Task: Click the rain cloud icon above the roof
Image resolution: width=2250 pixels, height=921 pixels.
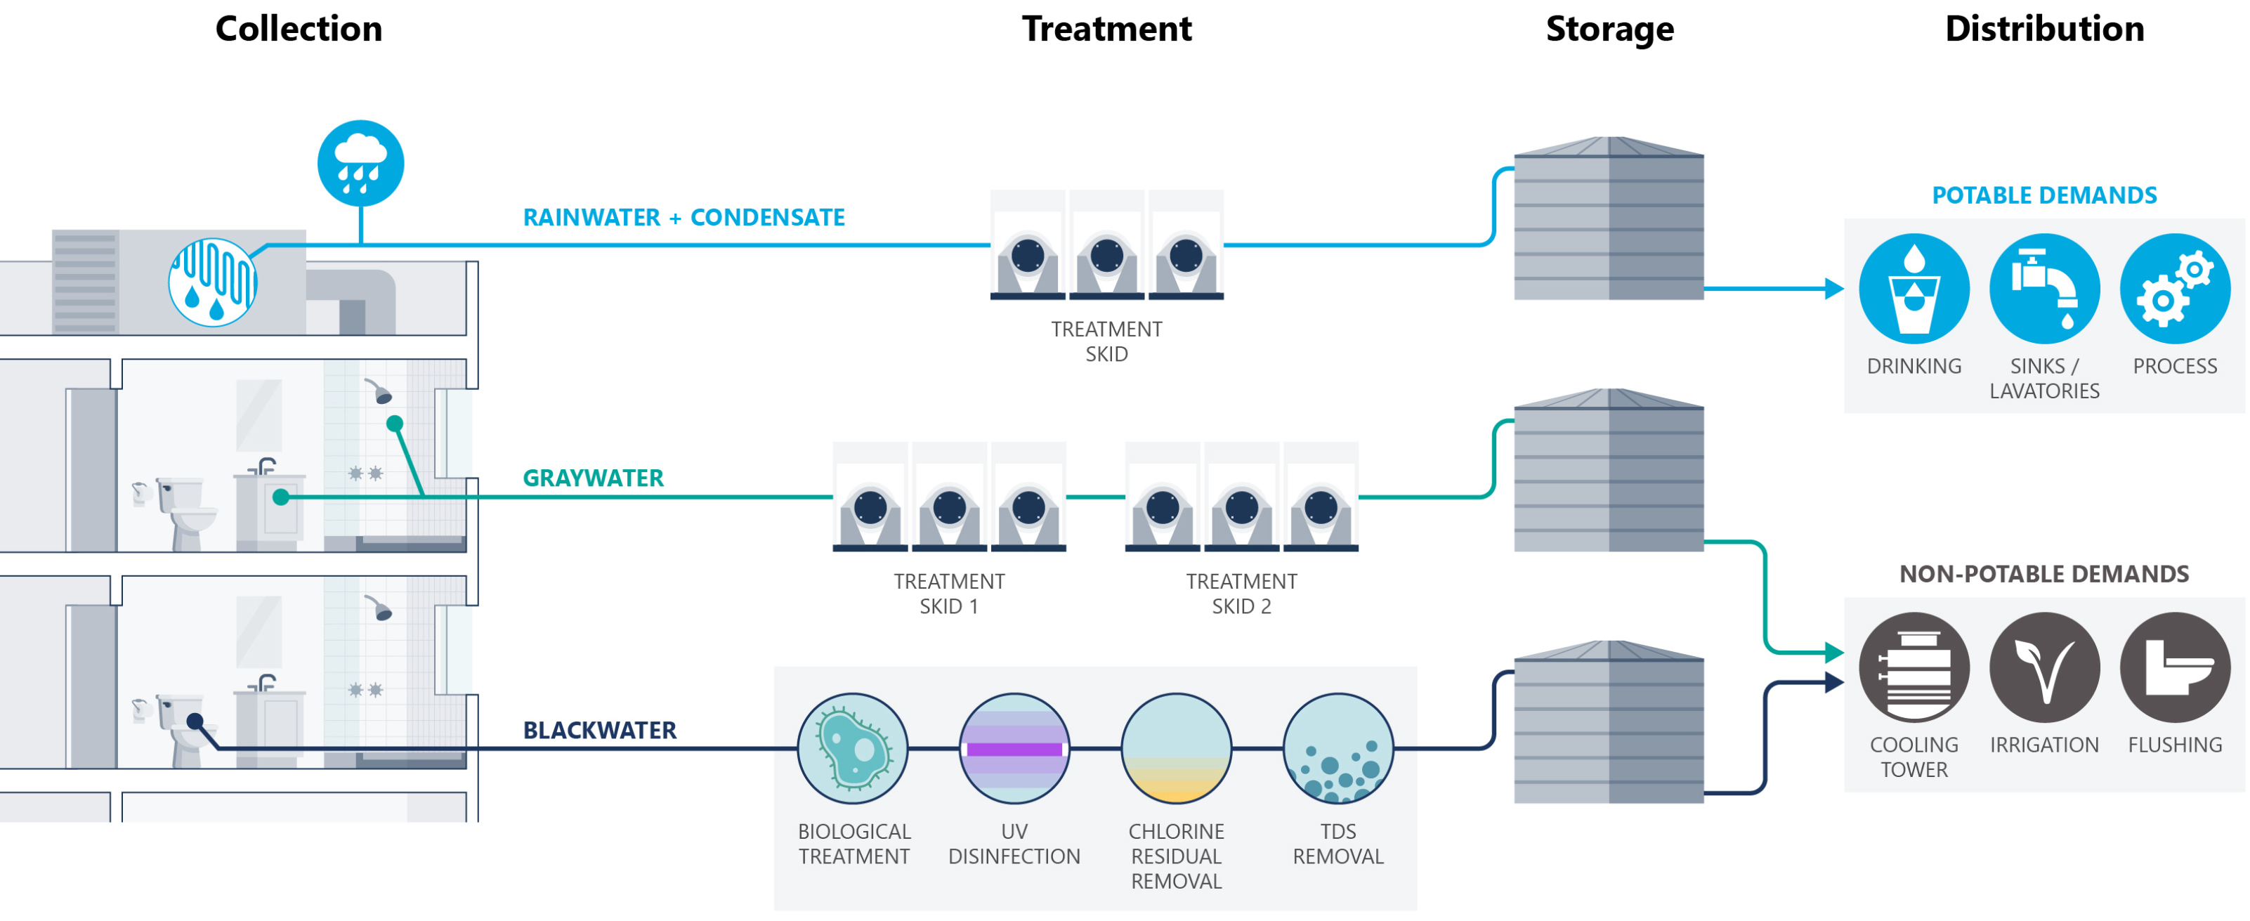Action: pyautogui.click(x=360, y=164)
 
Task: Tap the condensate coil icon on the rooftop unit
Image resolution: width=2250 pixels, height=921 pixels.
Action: pyautogui.click(x=212, y=282)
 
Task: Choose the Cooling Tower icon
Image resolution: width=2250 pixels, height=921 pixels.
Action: pyautogui.click(x=1913, y=667)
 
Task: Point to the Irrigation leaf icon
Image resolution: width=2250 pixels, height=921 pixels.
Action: pyautogui.click(x=2044, y=667)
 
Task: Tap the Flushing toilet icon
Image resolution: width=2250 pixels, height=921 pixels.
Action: pyautogui.click(x=2174, y=667)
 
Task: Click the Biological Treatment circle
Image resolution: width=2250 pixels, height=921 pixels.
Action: pyautogui.click(x=853, y=749)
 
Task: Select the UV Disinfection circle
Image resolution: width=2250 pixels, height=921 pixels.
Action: pyautogui.click(x=1014, y=749)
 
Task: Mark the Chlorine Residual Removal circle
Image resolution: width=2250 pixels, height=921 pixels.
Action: pyautogui.click(x=1176, y=749)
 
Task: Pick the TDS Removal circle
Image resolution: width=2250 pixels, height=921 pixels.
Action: pyautogui.click(x=1337, y=749)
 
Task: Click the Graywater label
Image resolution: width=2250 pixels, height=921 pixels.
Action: pyautogui.click(x=593, y=478)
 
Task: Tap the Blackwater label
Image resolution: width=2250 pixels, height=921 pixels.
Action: pyautogui.click(x=599, y=731)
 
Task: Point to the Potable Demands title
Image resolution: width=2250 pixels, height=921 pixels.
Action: pyautogui.click(x=2044, y=196)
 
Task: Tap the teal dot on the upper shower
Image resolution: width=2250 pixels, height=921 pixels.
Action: pyautogui.click(x=395, y=424)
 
